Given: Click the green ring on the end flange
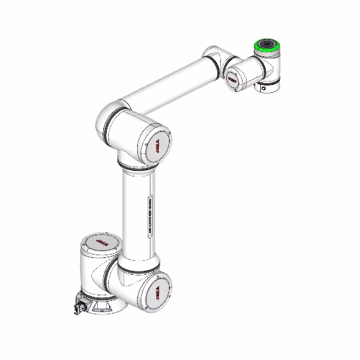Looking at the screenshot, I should pyautogui.click(x=267, y=51).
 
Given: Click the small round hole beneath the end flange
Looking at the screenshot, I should pyautogui.click(x=265, y=89).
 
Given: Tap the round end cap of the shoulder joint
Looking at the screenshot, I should pyautogui.click(x=156, y=290).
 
